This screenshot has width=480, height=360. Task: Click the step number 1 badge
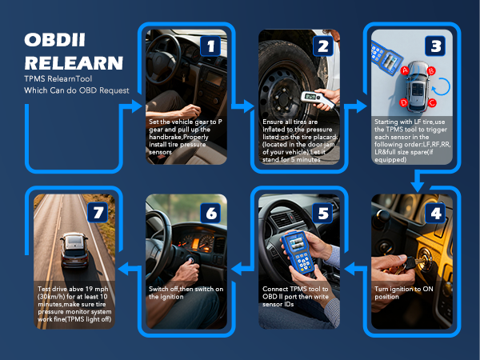click(210, 46)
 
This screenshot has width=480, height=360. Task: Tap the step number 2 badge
click(323, 46)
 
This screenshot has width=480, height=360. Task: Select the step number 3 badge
click(435, 46)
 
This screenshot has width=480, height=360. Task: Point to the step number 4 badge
click(435, 213)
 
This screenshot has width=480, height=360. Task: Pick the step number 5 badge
click(323, 213)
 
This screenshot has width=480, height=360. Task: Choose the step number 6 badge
click(210, 213)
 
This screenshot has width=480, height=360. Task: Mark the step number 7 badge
click(98, 212)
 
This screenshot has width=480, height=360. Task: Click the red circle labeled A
click(405, 70)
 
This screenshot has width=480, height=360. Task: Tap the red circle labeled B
click(431, 71)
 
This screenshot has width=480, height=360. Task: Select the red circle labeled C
click(432, 102)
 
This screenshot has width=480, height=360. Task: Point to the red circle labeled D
click(404, 102)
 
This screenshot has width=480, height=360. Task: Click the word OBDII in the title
click(54, 40)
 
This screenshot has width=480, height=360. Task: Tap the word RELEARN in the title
click(74, 62)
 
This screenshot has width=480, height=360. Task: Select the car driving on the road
click(74, 250)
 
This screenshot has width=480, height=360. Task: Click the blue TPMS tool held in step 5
click(298, 252)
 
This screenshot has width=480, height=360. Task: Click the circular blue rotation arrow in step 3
click(442, 86)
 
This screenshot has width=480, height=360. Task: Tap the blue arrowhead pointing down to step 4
click(417, 186)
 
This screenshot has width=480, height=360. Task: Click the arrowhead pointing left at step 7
click(124, 269)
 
